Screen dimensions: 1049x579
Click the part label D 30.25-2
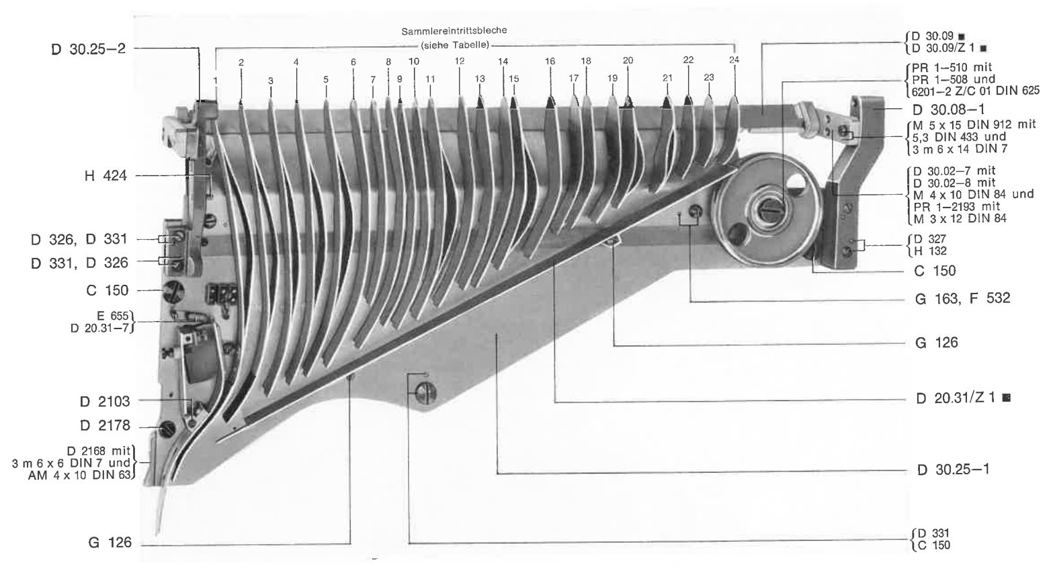point(89,49)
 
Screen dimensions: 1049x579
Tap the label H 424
point(106,176)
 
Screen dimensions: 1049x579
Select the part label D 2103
point(105,401)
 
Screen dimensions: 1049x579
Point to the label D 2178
point(105,425)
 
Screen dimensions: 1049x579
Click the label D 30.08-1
point(948,109)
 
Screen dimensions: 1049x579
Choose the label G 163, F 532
point(962,298)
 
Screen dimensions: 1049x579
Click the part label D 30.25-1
point(953,470)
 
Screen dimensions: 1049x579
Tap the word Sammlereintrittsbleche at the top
point(454,31)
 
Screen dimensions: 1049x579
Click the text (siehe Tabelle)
point(455,46)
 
